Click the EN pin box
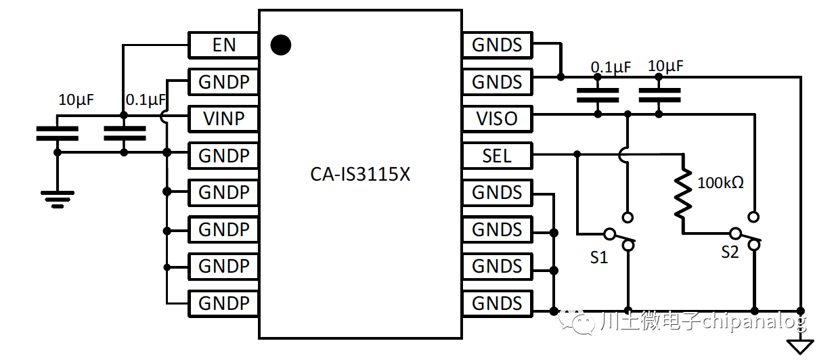[x=223, y=45]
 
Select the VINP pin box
[x=223, y=119]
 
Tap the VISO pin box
[x=497, y=119]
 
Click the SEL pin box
[x=497, y=156]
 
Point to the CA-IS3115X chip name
[x=360, y=175]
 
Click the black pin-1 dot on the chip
[x=280, y=45]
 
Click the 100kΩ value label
[x=721, y=182]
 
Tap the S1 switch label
[x=599, y=257]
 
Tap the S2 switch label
[x=730, y=252]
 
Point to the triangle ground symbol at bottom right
[x=802, y=346]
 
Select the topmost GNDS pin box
[x=497, y=45]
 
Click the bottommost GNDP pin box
[x=223, y=303]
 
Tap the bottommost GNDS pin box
[x=497, y=303]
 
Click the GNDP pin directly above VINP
[x=223, y=83]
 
